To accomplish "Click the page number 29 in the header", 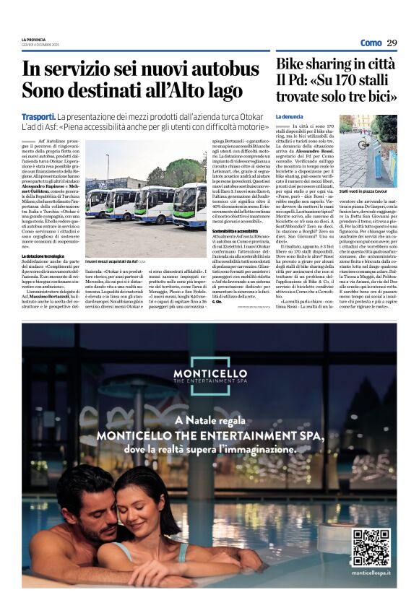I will tap(391, 43).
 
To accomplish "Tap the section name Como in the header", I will tap(371, 43).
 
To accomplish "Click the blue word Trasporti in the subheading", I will tap(38, 116).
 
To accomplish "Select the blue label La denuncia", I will tap(289, 116).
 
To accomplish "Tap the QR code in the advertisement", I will tap(371, 547).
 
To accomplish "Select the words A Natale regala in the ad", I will tap(209, 420).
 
